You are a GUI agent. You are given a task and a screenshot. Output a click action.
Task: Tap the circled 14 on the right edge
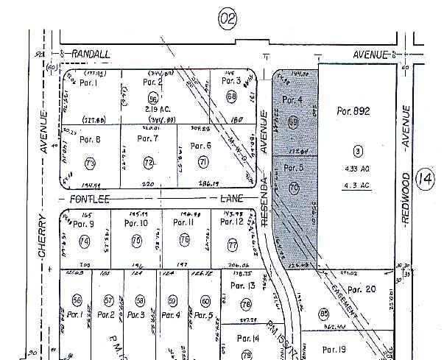click(426, 179)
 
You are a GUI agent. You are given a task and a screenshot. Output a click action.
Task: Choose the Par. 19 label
click(334, 349)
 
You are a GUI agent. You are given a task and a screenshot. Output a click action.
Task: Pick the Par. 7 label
click(147, 138)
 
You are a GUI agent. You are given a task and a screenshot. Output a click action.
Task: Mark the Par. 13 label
click(242, 285)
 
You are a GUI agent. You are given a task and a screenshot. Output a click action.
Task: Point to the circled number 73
click(91, 162)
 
